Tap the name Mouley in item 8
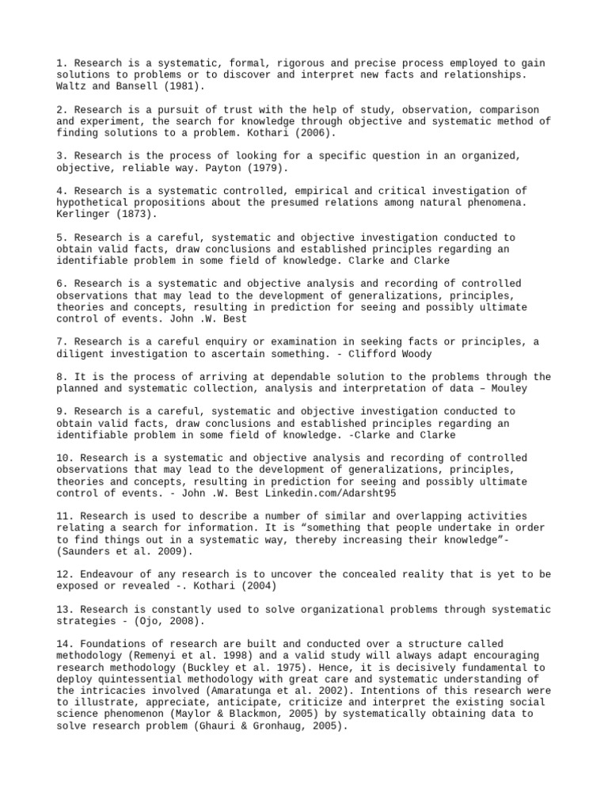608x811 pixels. [509, 389]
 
